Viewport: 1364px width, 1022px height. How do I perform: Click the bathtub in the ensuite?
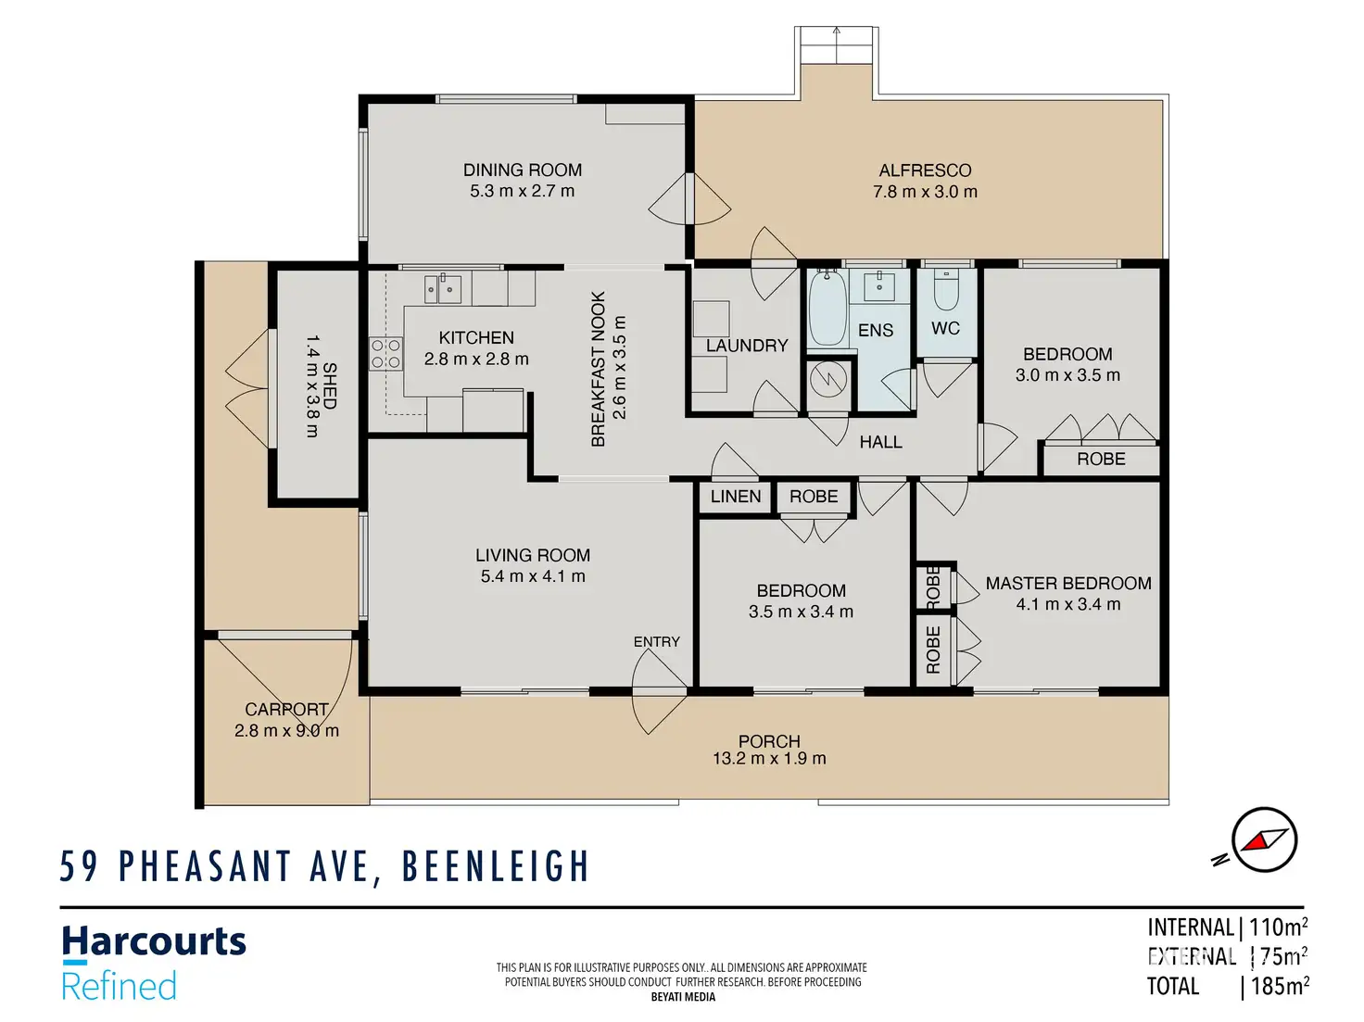click(x=827, y=308)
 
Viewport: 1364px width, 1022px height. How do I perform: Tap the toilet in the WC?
click(x=946, y=290)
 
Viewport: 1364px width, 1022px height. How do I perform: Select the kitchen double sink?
click(x=442, y=289)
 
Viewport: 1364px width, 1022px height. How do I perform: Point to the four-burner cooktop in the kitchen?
click(x=385, y=354)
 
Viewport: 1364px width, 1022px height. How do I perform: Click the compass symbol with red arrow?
click(x=1264, y=840)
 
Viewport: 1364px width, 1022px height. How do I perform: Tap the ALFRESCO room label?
click(x=925, y=170)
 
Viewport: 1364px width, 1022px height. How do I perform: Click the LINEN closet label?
click(x=736, y=497)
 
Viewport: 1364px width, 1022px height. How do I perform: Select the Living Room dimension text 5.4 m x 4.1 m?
click(x=533, y=576)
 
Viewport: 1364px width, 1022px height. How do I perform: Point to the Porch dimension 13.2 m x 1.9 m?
click(x=769, y=759)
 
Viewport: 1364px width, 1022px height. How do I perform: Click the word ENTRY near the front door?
click(x=657, y=642)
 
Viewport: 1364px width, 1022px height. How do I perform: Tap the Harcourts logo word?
click(x=154, y=942)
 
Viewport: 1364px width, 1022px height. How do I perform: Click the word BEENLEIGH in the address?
click(x=495, y=865)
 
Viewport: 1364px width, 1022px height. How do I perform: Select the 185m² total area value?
click(x=1280, y=986)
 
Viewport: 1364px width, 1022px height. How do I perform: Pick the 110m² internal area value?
click(x=1278, y=927)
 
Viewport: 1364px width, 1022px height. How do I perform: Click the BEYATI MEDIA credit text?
click(x=683, y=997)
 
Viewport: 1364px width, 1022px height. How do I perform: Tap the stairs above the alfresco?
click(x=837, y=44)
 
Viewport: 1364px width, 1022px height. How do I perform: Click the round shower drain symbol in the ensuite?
click(x=828, y=378)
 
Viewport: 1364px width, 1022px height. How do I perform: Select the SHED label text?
click(x=330, y=386)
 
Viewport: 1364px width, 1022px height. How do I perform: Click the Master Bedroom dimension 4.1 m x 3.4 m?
click(x=1068, y=604)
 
